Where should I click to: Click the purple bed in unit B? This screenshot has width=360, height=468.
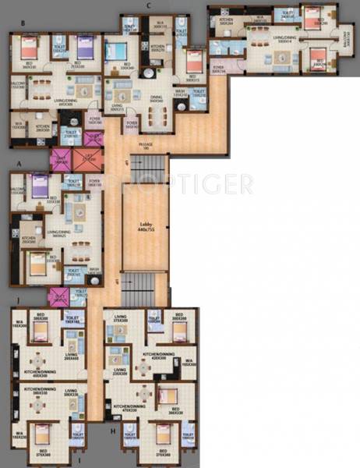pos(83,49)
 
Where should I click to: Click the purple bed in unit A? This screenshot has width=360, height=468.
pos(37,188)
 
